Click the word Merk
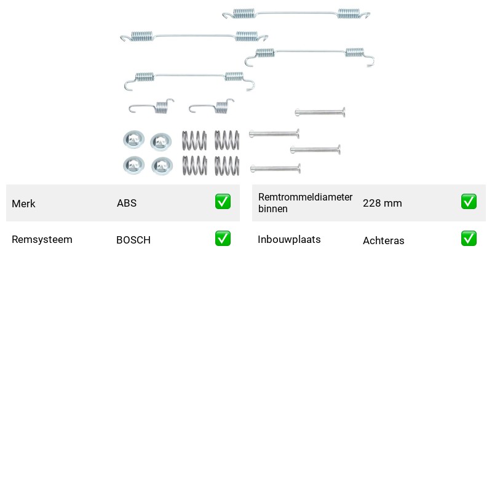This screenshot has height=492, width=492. coord(23,204)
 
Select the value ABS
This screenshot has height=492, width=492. coord(127,203)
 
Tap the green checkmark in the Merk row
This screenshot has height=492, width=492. coord(223,202)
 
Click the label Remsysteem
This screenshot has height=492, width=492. coord(42,239)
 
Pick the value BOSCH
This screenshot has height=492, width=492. coord(133,240)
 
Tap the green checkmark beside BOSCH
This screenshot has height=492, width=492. coord(223,239)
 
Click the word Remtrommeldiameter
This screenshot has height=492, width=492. coord(305,197)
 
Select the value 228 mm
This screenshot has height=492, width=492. coord(382,203)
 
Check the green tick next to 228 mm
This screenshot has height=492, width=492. coord(469,202)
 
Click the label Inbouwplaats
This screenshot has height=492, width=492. coord(289,239)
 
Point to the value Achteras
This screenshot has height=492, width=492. coord(383,240)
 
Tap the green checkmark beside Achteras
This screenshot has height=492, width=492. coord(469,239)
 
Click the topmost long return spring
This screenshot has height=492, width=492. coord(296,13)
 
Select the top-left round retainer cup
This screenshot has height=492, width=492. coord(133,139)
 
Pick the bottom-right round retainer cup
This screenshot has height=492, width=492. coord(162,166)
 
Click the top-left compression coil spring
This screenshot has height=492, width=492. coord(194,140)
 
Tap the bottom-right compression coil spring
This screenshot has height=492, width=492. coord(227,165)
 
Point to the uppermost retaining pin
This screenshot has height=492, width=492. coord(320,112)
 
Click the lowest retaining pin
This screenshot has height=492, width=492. coord(276,169)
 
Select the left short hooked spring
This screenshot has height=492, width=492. coord(151,106)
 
